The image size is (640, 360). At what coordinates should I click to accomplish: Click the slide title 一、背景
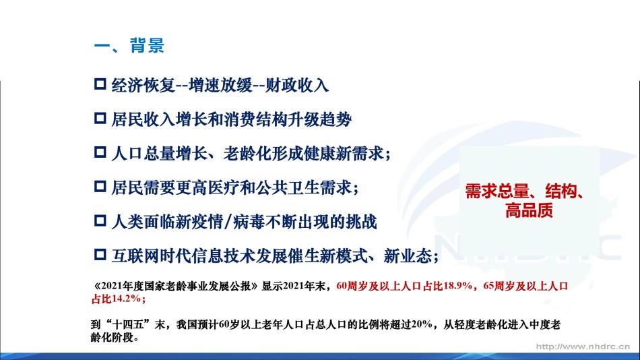129,45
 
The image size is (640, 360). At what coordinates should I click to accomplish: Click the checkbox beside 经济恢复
100,84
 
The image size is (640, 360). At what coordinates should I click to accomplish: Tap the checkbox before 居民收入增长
100,119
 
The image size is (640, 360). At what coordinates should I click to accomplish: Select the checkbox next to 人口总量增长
100,152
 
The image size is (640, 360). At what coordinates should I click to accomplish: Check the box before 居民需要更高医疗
100,187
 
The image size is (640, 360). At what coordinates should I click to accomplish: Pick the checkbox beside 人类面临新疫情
100,220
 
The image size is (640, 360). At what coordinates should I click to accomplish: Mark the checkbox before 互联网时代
100,255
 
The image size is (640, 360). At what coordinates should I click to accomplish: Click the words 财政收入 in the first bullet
296,86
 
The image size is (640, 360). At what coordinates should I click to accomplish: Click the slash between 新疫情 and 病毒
228,222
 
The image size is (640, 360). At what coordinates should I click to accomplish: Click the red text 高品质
529,210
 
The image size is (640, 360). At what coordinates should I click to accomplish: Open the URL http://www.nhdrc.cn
583,347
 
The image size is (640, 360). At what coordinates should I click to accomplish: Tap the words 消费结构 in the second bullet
255,120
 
